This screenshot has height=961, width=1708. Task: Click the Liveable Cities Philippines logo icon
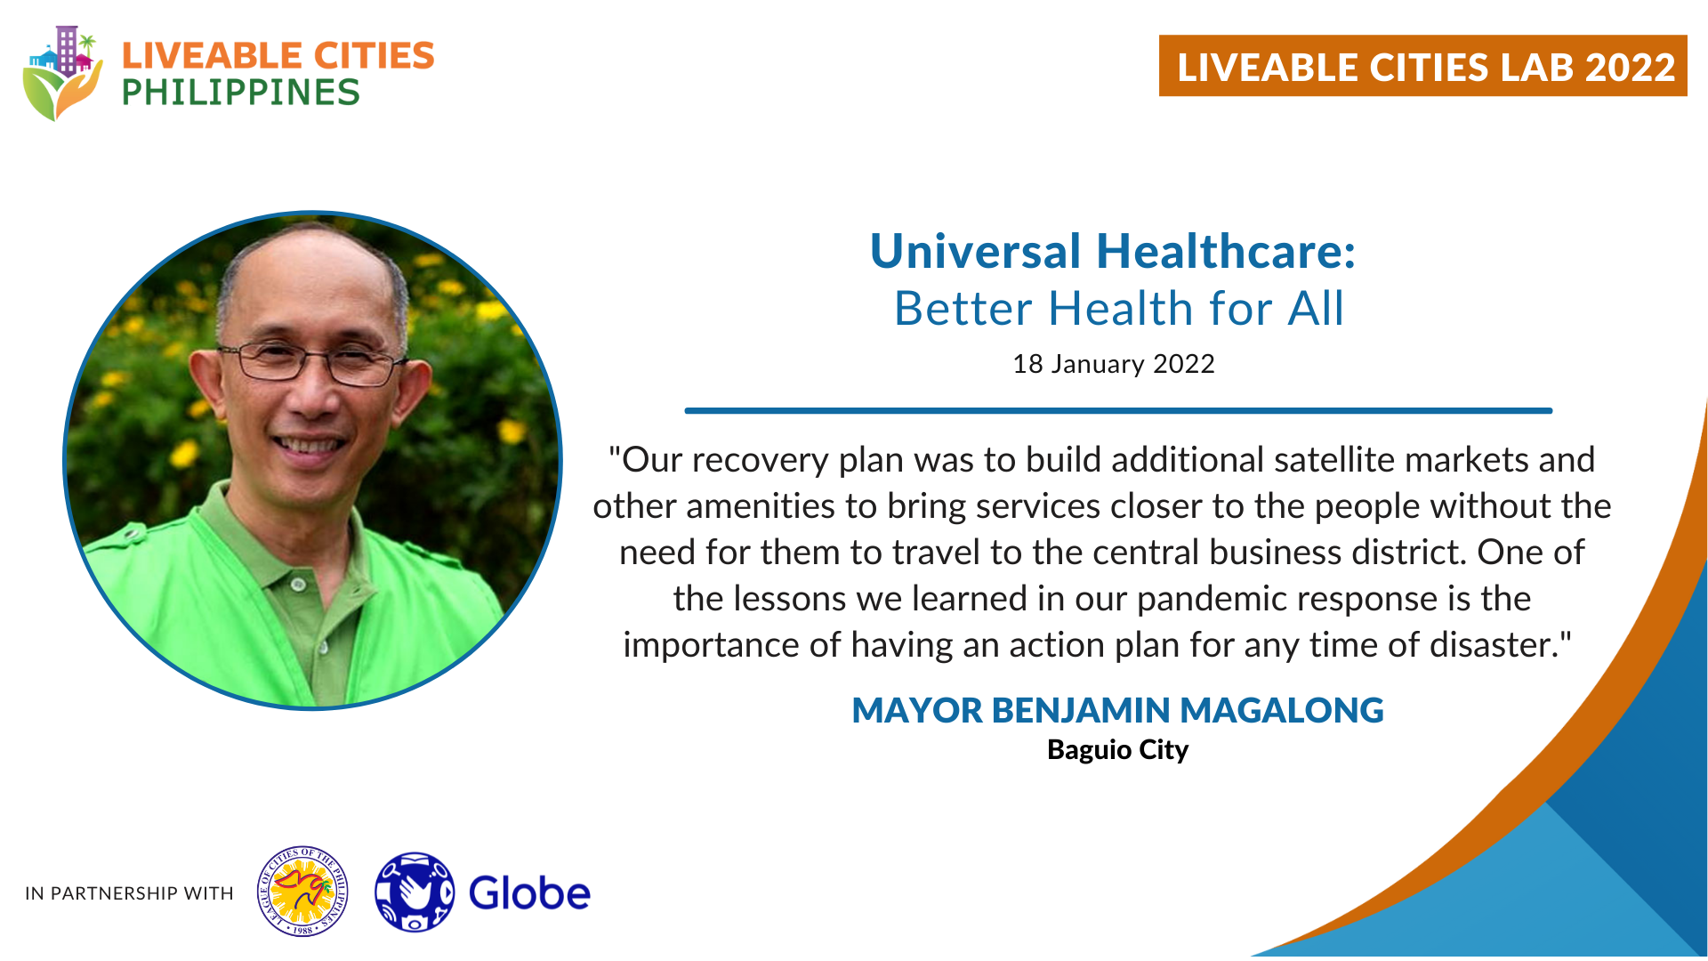pyautogui.click(x=62, y=73)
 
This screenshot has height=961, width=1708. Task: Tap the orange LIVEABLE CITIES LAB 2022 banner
pyautogui.click(x=1422, y=66)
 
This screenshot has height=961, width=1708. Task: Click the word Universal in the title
pyautogui.click(x=975, y=251)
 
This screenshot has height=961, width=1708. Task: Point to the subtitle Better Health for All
pyautogui.click(x=1119, y=309)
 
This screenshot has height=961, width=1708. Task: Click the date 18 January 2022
pyautogui.click(x=1114, y=364)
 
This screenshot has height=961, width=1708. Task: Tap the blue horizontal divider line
pyautogui.click(x=1118, y=410)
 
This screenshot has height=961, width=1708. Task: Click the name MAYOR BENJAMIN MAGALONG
pyautogui.click(x=1117, y=710)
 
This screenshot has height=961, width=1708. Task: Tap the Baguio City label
pyautogui.click(x=1117, y=750)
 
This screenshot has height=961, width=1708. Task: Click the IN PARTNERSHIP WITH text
pyautogui.click(x=129, y=893)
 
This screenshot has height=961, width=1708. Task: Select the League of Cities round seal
pyautogui.click(x=302, y=892)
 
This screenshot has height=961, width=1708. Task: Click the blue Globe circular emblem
pyautogui.click(x=415, y=892)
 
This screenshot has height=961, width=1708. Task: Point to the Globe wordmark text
pyautogui.click(x=529, y=892)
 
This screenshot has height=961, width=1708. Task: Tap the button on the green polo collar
pyautogui.click(x=299, y=585)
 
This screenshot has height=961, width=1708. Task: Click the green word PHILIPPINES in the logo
pyautogui.click(x=241, y=93)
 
